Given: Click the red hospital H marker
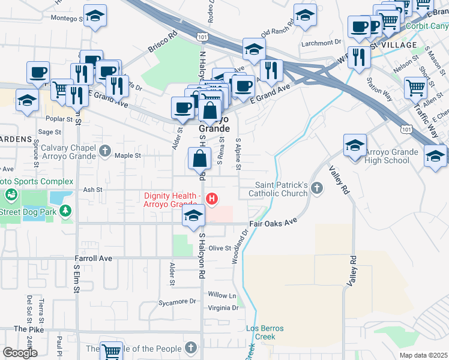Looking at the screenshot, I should click(x=211, y=199).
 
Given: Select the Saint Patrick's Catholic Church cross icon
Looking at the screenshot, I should click(x=318, y=190).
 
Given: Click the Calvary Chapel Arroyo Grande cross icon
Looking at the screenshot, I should click(x=106, y=149).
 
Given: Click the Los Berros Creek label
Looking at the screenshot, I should click(x=265, y=332).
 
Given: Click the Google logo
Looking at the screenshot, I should click(x=20, y=352).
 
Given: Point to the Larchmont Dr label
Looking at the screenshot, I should click(x=322, y=43).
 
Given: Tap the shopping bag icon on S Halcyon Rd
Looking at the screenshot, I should click(x=199, y=159).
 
